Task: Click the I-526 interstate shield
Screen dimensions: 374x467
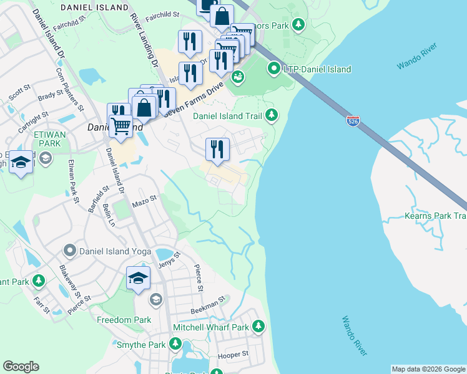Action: pos(353,120)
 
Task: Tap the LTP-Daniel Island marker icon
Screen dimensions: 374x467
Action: pos(273,69)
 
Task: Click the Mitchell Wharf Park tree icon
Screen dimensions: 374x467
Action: pos(258,327)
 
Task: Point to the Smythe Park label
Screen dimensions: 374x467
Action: pos(140,345)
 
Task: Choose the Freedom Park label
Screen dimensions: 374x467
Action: pos(124,320)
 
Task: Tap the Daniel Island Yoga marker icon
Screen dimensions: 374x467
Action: pos(69,251)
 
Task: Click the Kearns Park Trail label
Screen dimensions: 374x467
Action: pos(435,216)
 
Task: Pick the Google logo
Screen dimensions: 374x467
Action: pos(21,367)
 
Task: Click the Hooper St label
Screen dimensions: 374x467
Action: pos(233,355)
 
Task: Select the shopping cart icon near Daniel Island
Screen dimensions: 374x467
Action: pos(120,126)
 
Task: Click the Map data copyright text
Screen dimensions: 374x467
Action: pos(428,369)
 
